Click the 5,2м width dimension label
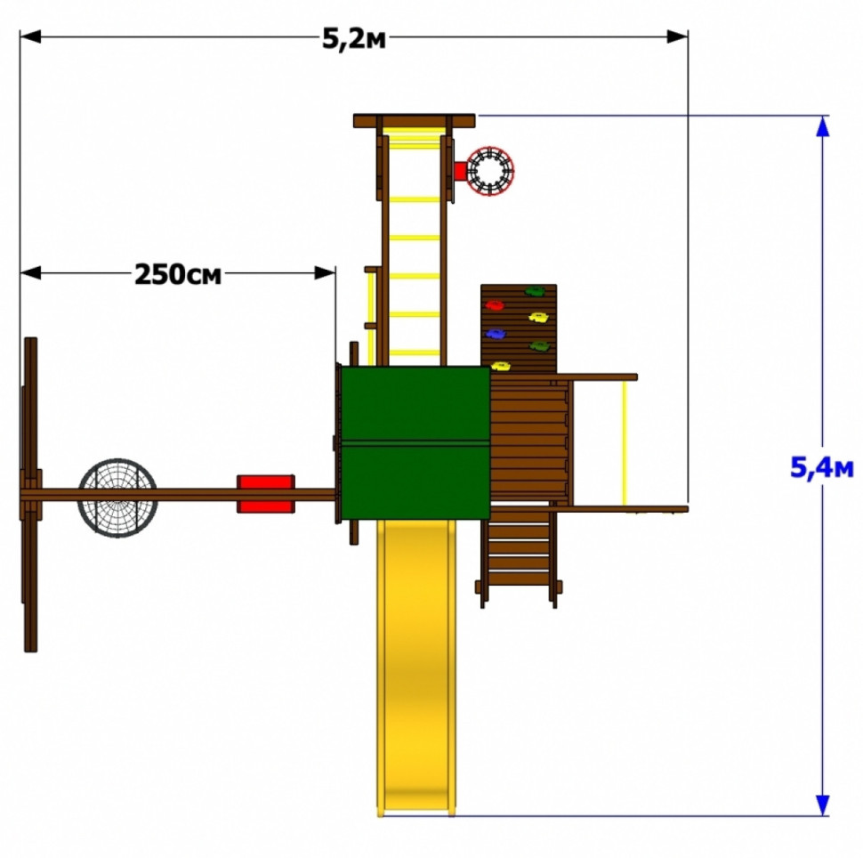pos(354,39)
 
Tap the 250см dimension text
pos(178,274)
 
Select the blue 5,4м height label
pos(822,468)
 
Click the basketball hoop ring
pos(490,170)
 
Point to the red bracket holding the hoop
pos(460,171)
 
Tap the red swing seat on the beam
pos(266,494)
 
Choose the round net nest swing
pos(117,498)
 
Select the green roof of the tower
pos(415,442)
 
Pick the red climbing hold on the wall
pos(495,305)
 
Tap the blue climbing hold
pos(496,334)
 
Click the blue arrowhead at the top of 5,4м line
pos(822,126)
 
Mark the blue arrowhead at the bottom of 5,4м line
pos(822,805)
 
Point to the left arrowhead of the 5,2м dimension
pos(30,36)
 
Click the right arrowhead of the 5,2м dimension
pos(677,36)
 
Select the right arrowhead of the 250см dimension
pos(325,272)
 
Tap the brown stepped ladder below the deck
pos(519,556)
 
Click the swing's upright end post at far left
pos(31,495)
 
